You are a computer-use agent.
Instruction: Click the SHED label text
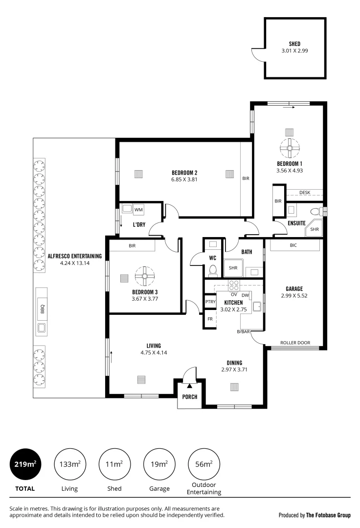294,44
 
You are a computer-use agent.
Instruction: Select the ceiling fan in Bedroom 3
145,276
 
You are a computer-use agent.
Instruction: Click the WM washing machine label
138,210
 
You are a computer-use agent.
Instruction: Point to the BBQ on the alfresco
42,309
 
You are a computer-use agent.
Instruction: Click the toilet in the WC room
213,270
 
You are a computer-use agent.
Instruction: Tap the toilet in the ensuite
315,211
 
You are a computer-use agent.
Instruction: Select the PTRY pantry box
210,302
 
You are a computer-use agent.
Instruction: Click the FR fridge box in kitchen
210,319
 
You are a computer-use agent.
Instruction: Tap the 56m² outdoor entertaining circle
204,464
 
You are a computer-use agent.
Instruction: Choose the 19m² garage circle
159,464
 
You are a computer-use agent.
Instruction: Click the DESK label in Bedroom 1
305,193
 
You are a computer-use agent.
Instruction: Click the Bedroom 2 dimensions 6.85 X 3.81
184,179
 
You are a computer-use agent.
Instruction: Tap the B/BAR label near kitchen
243,332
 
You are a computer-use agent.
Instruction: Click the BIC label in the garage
293,245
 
